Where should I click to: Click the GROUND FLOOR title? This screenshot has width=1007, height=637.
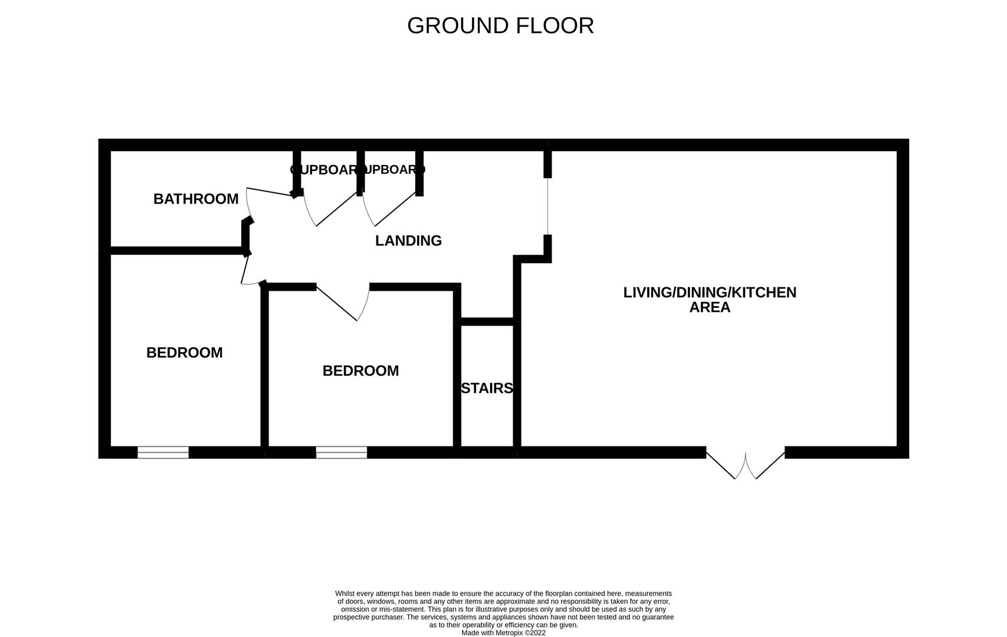pos(500,26)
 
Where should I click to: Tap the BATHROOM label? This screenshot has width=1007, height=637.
pos(196,199)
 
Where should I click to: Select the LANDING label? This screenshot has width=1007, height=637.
pos(408,241)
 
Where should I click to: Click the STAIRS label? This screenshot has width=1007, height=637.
pos(487,388)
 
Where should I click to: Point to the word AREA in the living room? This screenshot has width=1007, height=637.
pos(710,307)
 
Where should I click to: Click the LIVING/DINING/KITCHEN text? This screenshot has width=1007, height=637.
pos(710,292)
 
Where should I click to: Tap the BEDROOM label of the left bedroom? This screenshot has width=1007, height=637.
pos(184,353)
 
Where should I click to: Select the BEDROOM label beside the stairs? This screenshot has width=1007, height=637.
pos(360,371)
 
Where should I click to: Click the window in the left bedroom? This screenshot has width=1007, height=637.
pos(163,452)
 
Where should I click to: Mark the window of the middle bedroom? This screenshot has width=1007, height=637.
pos(342,452)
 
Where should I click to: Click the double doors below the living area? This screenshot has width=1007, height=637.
pos(746,466)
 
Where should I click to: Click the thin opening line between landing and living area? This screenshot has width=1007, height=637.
pos(547,206)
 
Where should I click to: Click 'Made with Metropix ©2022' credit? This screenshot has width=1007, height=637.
pos(503,633)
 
